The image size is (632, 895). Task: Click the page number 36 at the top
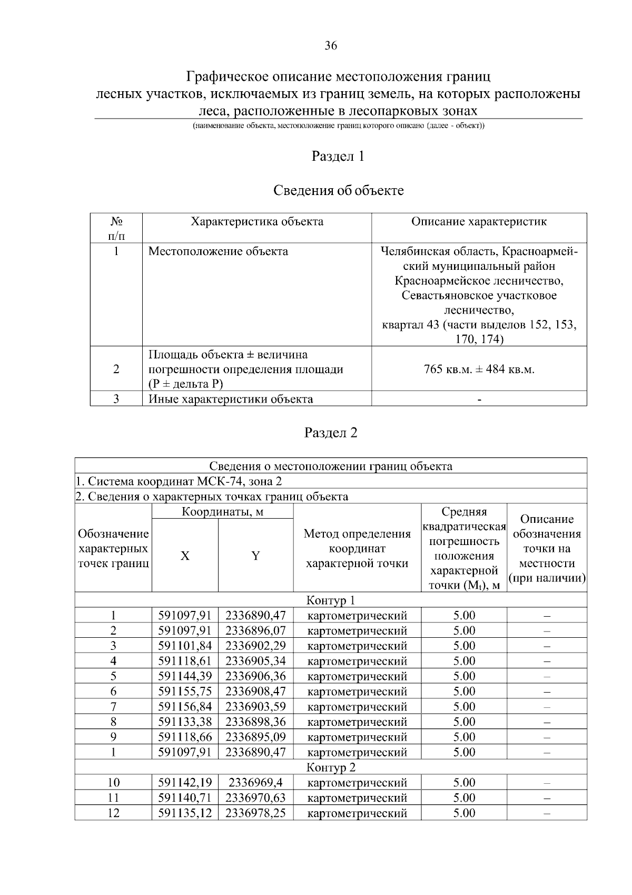(331, 46)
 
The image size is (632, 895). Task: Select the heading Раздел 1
(338, 156)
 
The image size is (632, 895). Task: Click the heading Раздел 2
(331, 433)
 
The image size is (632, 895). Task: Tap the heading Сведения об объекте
(338, 190)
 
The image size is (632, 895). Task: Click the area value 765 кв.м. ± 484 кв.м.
(479, 369)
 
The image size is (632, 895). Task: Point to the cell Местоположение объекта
(218, 251)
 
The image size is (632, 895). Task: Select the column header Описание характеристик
(479, 221)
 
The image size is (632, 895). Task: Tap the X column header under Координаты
(185, 556)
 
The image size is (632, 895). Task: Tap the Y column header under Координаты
(255, 556)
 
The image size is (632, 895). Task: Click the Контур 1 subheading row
(331, 600)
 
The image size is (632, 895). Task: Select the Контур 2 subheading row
(331, 767)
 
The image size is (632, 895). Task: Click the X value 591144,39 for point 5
(185, 676)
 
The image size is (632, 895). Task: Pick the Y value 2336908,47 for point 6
(255, 692)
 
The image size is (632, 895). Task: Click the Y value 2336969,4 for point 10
(255, 783)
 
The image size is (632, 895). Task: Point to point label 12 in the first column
(113, 813)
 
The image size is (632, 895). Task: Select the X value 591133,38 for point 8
(185, 722)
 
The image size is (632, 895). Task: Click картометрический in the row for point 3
(357, 646)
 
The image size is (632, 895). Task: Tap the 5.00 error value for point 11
(464, 798)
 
